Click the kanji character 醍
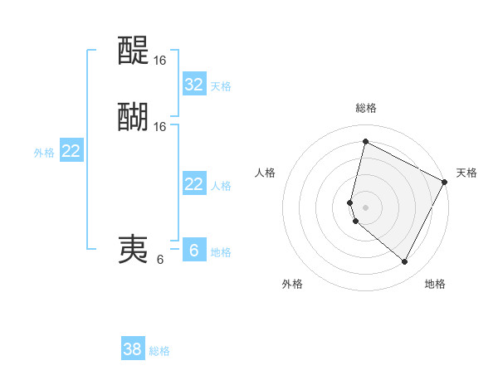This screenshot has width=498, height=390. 133,51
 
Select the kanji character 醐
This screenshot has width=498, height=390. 133,117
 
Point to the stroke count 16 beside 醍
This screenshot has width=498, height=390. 160,61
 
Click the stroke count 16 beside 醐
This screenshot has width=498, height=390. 160,126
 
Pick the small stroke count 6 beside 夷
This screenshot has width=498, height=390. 160,259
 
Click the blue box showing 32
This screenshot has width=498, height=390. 193,85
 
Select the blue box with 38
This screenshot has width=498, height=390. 133,349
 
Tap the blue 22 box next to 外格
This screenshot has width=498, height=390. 71,151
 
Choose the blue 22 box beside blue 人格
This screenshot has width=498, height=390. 193,184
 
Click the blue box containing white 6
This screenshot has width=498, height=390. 193,250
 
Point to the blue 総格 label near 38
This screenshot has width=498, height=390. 159,351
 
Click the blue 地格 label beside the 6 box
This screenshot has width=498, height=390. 221,252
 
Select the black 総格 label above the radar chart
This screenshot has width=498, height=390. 366,108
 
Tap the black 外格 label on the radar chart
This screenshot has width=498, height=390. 292,285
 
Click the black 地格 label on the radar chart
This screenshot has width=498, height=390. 435,285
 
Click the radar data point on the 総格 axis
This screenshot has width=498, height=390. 365,141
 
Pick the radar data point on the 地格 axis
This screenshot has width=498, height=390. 404,262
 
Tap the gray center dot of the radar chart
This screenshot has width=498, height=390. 365,206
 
